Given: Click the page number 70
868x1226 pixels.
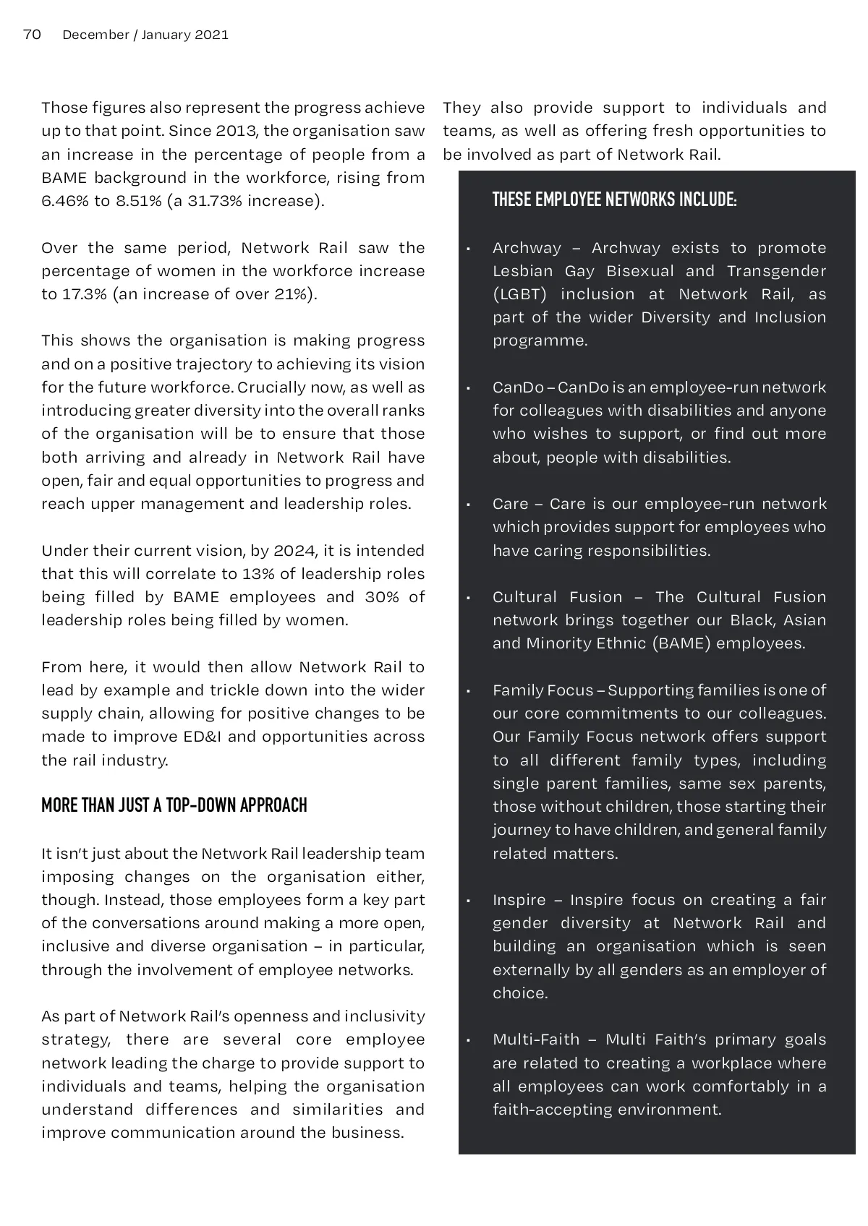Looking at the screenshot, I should click(32, 34).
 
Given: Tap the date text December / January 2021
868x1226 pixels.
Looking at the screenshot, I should click(145, 35).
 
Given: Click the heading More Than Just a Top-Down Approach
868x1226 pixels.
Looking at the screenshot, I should click(174, 805).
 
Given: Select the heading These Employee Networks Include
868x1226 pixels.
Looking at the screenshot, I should click(614, 200).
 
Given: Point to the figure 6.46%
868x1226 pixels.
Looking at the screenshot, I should click(66, 201).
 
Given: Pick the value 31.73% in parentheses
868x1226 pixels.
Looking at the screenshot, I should click(215, 201).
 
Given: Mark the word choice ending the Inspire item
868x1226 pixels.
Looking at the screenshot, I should click(520, 993).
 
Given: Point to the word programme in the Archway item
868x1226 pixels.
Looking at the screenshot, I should click(540, 340).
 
